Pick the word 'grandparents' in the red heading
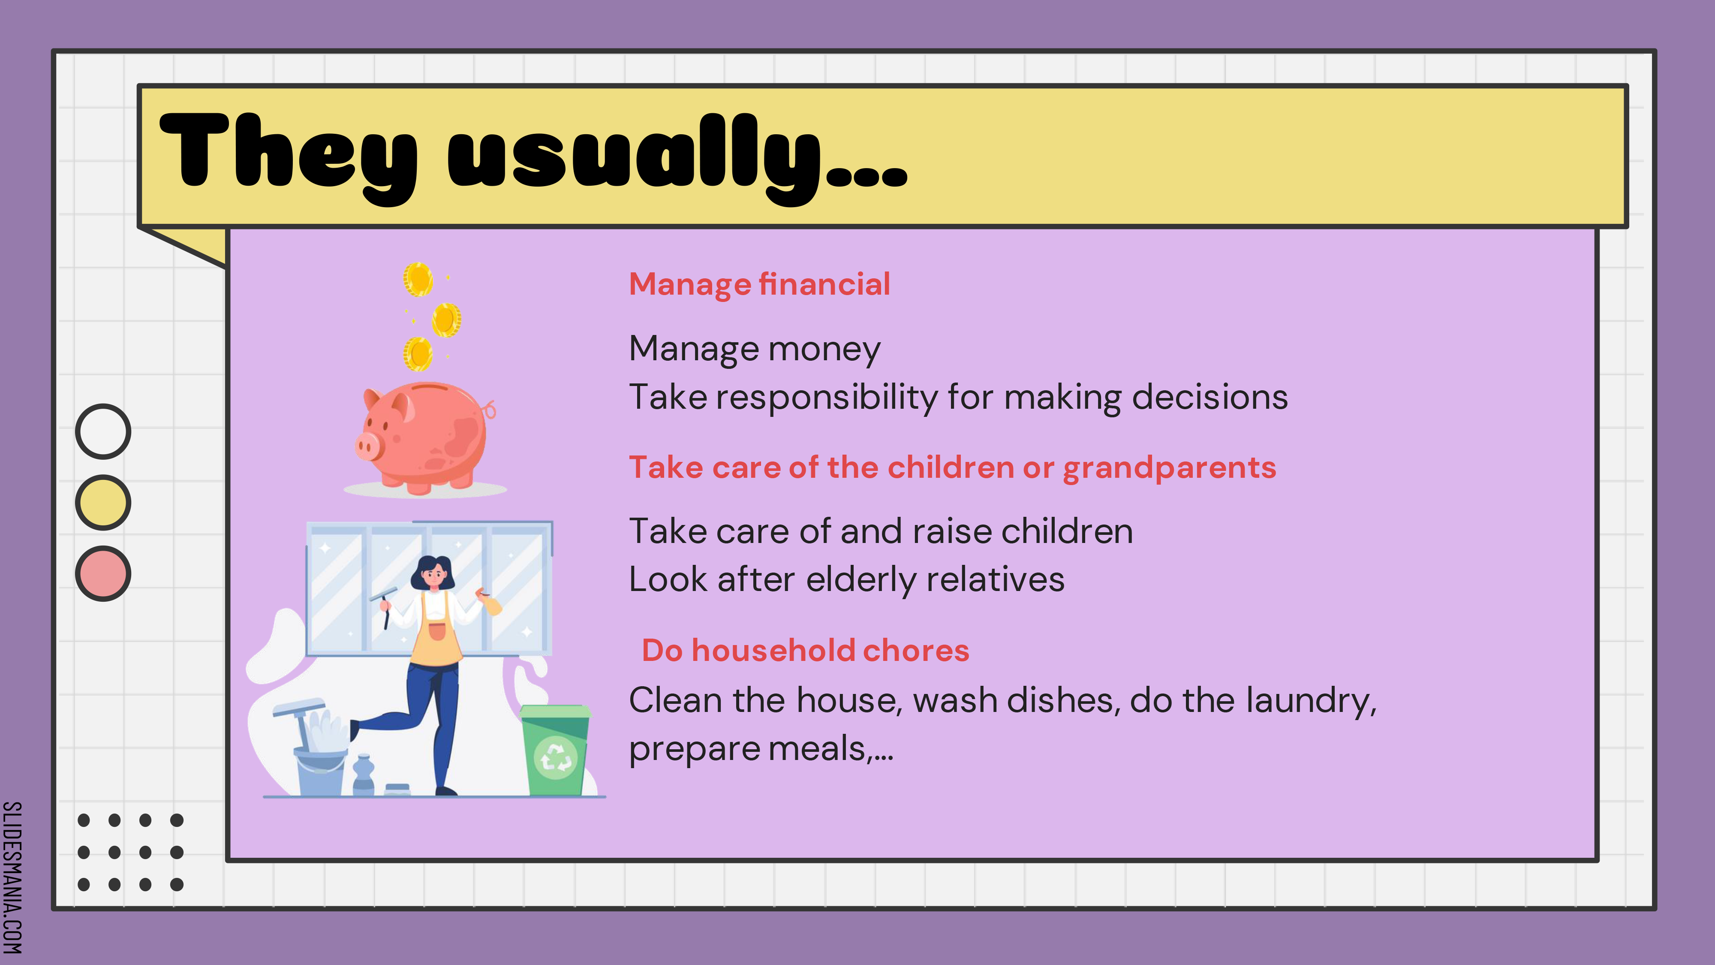[1169, 468]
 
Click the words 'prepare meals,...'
[761, 749]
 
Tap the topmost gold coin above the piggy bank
[418, 279]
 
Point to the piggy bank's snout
[367, 446]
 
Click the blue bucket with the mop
[319, 766]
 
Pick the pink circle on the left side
[103, 573]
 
